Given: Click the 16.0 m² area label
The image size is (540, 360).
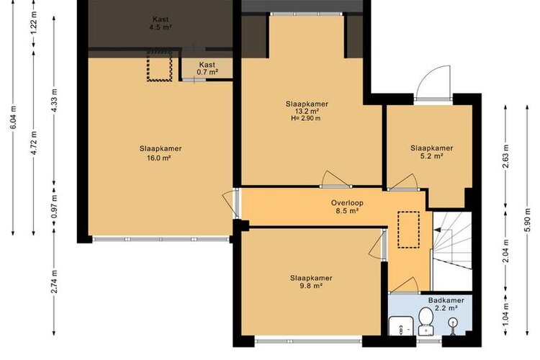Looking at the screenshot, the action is click(x=159, y=158).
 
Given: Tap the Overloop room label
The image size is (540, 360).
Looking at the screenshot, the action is click(x=347, y=203).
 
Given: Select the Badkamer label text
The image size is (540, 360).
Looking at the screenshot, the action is click(x=446, y=300).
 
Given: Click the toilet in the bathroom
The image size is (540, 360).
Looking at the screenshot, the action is click(x=426, y=321).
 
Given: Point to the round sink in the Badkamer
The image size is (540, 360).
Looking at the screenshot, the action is click(x=453, y=324).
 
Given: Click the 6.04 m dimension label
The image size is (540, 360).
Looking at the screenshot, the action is click(x=14, y=117).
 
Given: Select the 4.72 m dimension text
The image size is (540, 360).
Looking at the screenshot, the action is click(x=34, y=143).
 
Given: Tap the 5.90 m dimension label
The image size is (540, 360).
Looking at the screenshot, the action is click(x=527, y=220).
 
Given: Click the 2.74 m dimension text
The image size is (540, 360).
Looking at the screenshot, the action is click(x=54, y=282).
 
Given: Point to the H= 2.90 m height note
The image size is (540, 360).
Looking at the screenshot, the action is click(x=306, y=119).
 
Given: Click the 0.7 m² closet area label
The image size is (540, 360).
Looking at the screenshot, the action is click(x=207, y=72).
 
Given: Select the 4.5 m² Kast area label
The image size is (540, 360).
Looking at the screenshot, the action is click(x=161, y=27).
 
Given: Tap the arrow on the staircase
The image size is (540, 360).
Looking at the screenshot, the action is click(x=437, y=230).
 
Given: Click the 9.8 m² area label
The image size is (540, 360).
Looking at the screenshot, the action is click(x=311, y=286).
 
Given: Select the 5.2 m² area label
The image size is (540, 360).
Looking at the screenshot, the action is click(x=431, y=156).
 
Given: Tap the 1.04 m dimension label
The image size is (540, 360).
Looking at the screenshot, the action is click(x=505, y=314).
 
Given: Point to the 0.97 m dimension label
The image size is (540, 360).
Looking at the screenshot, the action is click(x=54, y=207).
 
